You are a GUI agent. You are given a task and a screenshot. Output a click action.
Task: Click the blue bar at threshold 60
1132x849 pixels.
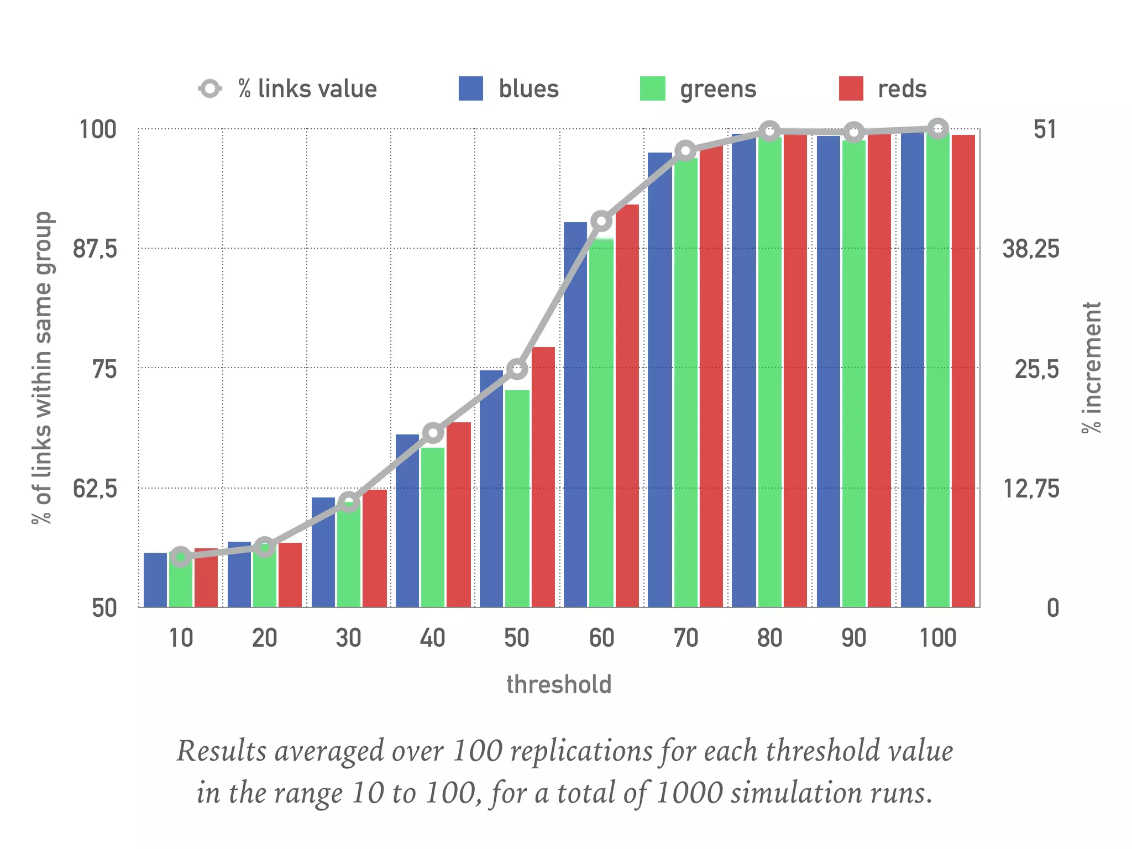575,415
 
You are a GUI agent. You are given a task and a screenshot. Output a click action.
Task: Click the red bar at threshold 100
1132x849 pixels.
963,370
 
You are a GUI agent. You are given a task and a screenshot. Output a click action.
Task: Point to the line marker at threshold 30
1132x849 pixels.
349,502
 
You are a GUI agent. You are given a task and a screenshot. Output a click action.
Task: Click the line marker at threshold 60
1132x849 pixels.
601,222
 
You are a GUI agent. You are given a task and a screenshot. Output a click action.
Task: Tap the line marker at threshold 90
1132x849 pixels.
854,133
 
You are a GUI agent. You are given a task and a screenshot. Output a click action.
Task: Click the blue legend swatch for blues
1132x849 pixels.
470,88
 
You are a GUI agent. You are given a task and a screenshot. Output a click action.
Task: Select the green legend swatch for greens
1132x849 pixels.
652,88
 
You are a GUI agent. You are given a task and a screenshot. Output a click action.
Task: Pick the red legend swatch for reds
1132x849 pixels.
851,88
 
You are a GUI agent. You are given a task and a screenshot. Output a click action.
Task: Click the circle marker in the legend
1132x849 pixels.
210,88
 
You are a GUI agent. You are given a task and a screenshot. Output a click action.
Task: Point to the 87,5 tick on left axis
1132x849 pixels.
95,249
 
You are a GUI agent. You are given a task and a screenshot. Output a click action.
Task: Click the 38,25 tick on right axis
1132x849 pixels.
1030,249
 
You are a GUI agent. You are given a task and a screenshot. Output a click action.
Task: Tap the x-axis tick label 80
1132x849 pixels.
769,638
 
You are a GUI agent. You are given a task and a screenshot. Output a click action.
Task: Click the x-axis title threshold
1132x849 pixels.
559,684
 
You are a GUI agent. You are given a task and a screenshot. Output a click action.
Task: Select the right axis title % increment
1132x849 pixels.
1092,368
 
